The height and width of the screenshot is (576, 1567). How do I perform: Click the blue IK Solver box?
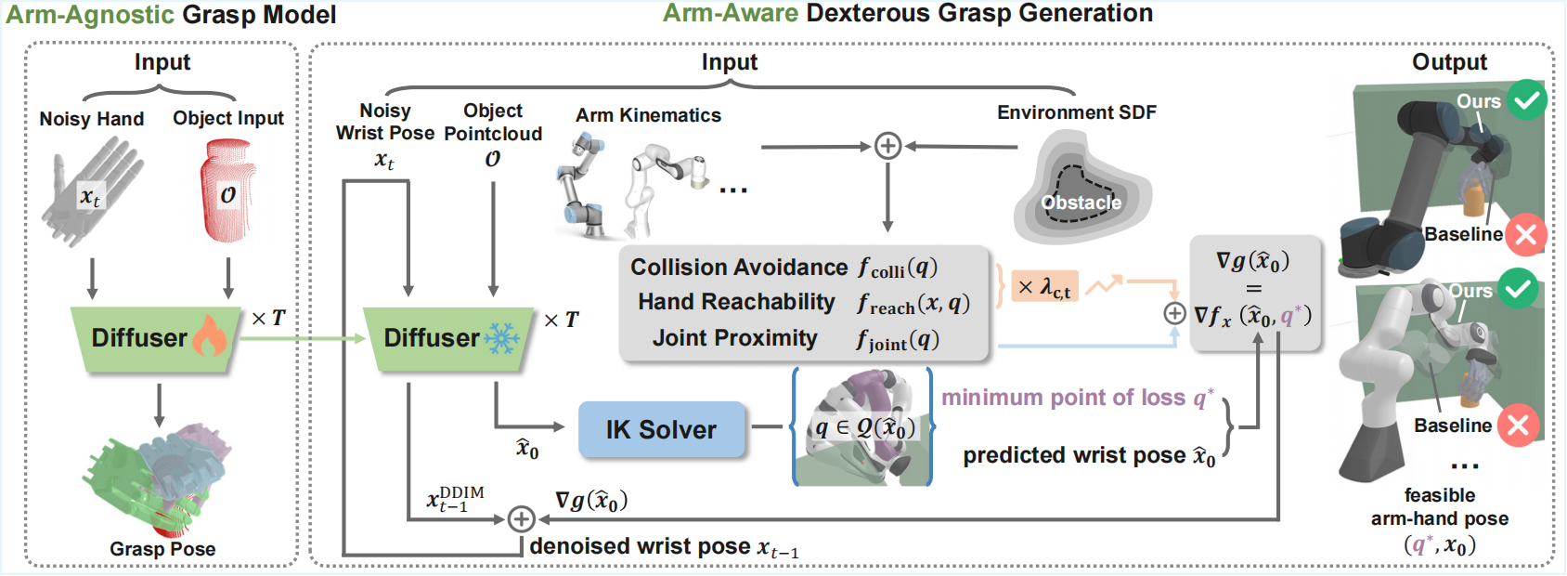click(x=661, y=429)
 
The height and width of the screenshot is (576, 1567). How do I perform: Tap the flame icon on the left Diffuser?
click(x=209, y=336)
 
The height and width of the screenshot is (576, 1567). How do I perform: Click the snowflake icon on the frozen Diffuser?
click(x=502, y=337)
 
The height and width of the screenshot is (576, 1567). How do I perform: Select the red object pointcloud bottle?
click(x=227, y=190)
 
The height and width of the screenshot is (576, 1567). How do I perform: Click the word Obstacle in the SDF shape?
click(x=1081, y=203)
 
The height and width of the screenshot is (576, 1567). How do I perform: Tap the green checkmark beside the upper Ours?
click(x=1526, y=99)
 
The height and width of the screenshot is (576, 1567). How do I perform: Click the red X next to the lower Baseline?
click(x=1518, y=425)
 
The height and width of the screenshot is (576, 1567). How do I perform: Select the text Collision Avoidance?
click(x=739, y=268)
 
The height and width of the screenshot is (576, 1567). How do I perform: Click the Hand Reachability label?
click(x=736, y=302)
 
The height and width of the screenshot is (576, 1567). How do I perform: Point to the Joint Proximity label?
click(x=734, y=338)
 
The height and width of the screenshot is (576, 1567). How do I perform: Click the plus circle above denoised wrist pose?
click(x=521, y=518)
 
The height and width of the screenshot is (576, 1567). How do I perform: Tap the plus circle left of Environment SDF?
click(x=887, y=146)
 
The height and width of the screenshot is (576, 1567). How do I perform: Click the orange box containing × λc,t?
click(x=1043, y=287)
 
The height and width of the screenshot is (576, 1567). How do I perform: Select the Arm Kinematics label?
click(x=648, y=115)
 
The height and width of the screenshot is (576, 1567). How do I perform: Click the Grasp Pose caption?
click(x=162, y=549)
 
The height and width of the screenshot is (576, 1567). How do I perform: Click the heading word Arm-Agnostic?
click(x=90, y=15)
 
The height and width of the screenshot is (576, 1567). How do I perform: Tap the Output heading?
click(x=1449, y=62)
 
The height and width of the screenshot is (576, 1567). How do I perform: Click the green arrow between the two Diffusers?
click(x=302, y=338)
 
